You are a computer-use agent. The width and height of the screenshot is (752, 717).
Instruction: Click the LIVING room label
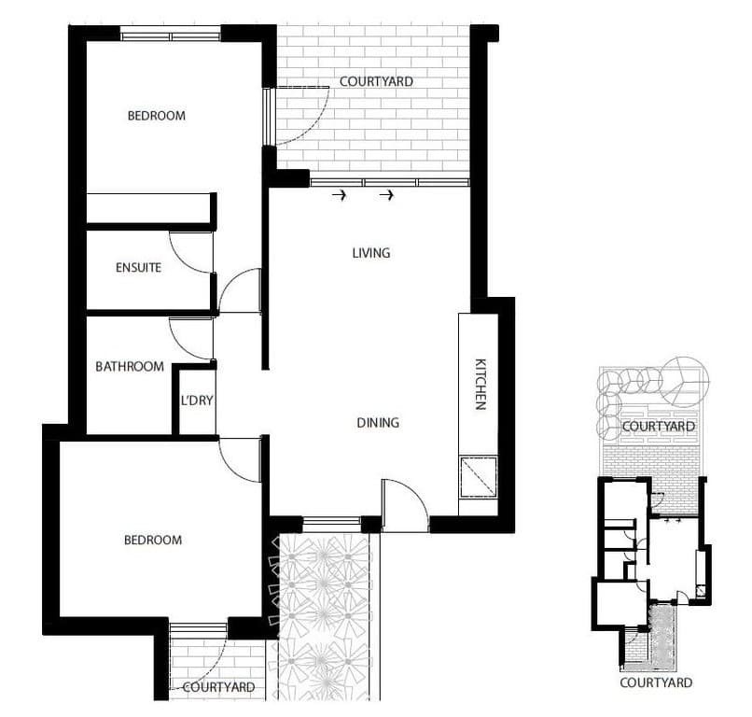[x=370, y=253]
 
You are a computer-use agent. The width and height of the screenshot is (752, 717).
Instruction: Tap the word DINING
[x=378, y=423]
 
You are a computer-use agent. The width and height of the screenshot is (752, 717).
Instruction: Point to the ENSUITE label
[x=138, y=268]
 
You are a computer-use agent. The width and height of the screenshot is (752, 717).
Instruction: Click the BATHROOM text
[x=130, y=367]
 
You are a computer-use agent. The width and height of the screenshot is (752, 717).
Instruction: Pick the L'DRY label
[x=197, y=401]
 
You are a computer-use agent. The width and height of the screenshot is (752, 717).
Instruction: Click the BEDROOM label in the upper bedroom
[x=156, y=116]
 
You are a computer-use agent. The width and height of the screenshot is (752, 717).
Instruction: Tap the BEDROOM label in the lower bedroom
[x=152, y=540]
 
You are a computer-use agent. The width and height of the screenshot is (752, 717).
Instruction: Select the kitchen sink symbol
[x=479, y=479]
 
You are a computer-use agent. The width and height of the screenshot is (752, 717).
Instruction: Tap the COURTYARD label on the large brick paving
[x=376, y=82]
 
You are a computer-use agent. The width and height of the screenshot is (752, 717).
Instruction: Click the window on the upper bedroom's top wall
[x=170, y=36]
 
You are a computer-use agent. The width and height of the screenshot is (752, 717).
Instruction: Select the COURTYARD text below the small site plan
[x=657, y=682]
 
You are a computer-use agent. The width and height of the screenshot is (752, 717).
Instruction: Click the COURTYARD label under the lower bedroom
[x=219, y=687]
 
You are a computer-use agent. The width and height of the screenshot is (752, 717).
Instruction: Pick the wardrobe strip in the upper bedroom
[x=149, y=208]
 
